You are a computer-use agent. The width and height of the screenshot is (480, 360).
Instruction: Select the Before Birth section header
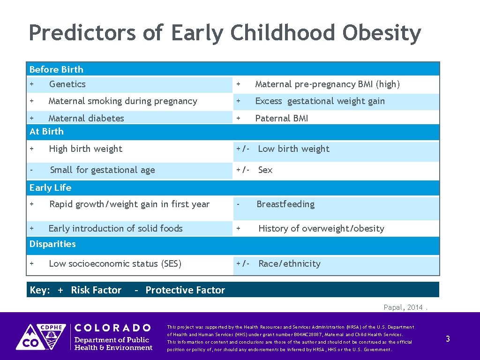pos(56,69)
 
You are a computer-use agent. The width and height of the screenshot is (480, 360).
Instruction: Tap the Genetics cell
pos(67,84)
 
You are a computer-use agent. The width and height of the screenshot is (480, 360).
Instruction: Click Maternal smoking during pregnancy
pos(123,101)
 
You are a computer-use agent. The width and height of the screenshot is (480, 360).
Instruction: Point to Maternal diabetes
pos(86,118)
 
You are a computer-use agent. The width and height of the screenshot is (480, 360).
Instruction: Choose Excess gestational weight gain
pos(320,101)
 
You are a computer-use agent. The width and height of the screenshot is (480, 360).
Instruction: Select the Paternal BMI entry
pos(281,118)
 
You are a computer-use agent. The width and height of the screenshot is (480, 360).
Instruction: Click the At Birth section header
pos(46,132)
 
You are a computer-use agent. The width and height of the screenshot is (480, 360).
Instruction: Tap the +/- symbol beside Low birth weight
pos(243,149)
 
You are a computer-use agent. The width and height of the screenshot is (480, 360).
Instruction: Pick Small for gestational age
pos(102,170)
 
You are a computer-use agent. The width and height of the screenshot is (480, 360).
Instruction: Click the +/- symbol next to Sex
pos(243,170)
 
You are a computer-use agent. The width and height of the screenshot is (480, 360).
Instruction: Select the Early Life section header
pos(50,188)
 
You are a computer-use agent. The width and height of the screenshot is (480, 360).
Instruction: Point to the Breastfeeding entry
pos(285,204)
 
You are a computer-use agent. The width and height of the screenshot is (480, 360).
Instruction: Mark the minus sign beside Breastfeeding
pos(239,204)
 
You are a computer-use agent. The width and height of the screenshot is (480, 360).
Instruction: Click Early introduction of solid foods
pos(115,229)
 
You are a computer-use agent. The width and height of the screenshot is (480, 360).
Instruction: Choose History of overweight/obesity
pos(321,229)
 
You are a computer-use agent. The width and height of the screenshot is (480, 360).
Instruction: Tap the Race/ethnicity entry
pos(289,264)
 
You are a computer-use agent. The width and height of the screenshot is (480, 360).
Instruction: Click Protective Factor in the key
pos(185,290)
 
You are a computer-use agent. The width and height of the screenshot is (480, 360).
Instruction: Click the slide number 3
pos(448,339)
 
